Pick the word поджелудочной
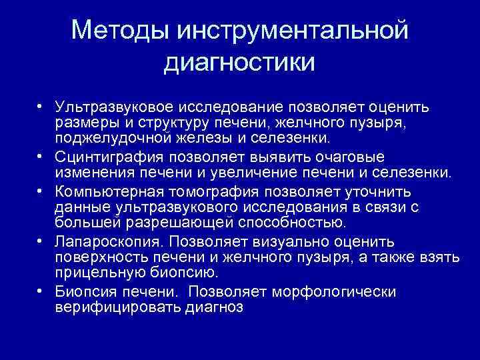tap(119, 139)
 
